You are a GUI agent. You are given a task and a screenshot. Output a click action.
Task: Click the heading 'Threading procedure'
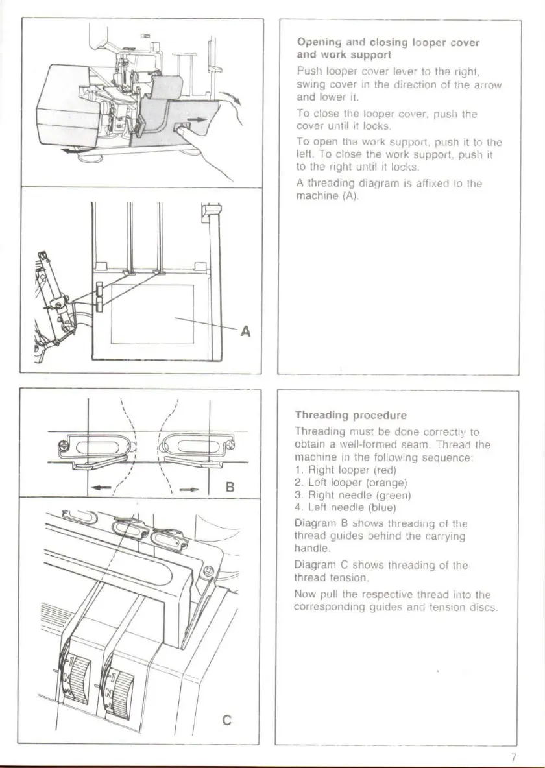350,415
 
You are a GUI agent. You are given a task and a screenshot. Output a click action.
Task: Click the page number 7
513,757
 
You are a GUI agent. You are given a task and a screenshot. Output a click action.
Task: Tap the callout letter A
245,331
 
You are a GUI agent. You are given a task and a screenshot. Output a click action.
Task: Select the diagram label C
226,719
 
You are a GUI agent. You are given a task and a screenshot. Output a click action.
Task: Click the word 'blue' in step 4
382,507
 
